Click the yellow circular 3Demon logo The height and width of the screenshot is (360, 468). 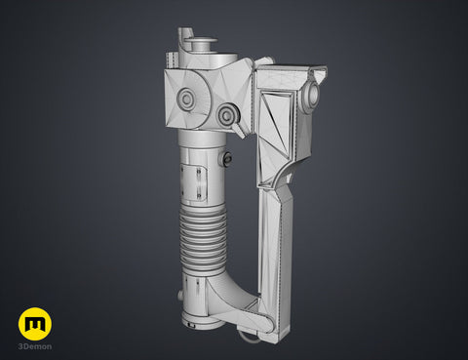[x=35, y=324]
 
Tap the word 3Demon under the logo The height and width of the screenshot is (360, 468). [x=35, y=346]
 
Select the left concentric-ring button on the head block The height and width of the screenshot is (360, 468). [x=186, y=98]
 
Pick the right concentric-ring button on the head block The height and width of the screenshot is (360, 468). [x=227, y=114]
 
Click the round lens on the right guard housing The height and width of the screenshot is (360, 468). [x=312, y=94]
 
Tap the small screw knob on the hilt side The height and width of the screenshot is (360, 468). [x=227, y=159]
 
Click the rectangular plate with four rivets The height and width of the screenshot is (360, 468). [x=193, y=182]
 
